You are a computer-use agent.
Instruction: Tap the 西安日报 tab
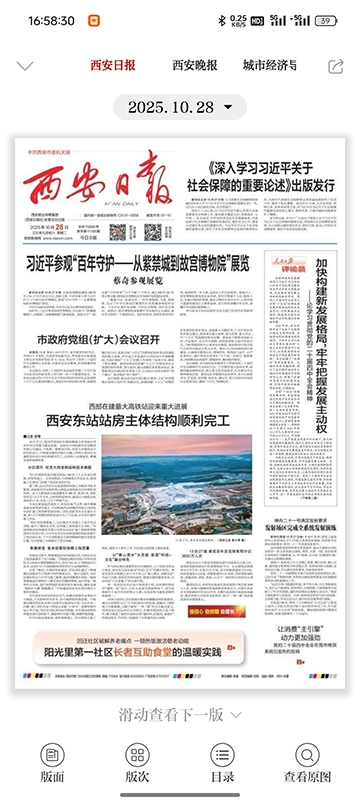tap(112, 66)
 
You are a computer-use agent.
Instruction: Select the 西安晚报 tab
tap(195, 66)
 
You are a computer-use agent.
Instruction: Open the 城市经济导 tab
tap(270, 66)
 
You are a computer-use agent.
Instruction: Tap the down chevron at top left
tap(26, 66)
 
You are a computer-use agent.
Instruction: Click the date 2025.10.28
tap(171, 106)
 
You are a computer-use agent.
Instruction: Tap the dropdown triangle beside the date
tap(229, 106)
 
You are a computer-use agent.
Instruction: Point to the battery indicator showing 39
tap(325, 20)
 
